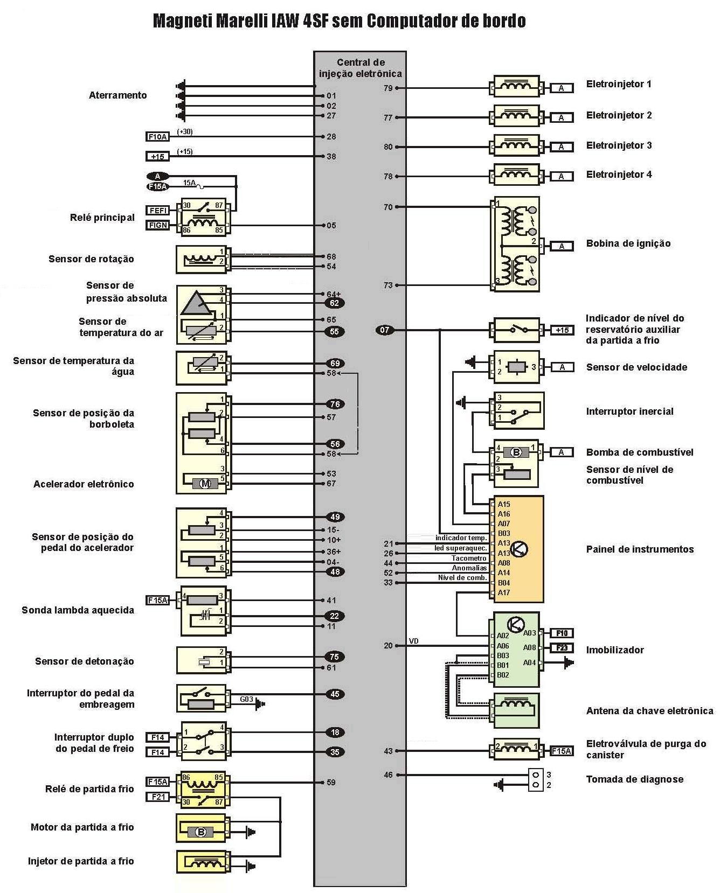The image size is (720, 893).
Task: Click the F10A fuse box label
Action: tap(157, 137)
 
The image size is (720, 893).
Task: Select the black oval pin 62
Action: tap(334, 303)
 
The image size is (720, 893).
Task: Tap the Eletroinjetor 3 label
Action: tap(619, 145)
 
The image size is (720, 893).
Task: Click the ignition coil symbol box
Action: tap(516, 244)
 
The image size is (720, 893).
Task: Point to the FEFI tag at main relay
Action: tap(158, 210)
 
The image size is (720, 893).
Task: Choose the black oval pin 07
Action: tap(385, 330)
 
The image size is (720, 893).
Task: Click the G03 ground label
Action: tap(246, 699)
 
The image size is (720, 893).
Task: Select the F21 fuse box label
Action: tap(157, 796)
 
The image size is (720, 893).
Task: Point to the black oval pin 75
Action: tap(334, 657)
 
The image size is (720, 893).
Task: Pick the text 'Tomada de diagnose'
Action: tap(634, 779)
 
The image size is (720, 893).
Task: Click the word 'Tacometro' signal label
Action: tap(469, 558)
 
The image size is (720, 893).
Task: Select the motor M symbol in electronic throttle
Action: tap(205, 484)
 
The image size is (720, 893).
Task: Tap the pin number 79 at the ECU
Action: tap(388, 88)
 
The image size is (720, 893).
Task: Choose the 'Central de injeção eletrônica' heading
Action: tap(361, 68)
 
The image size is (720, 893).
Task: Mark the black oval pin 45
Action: tap(335, 694)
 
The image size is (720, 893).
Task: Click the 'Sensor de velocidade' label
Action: tap(636, 367)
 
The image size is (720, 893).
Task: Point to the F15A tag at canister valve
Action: tap(561, 751)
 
